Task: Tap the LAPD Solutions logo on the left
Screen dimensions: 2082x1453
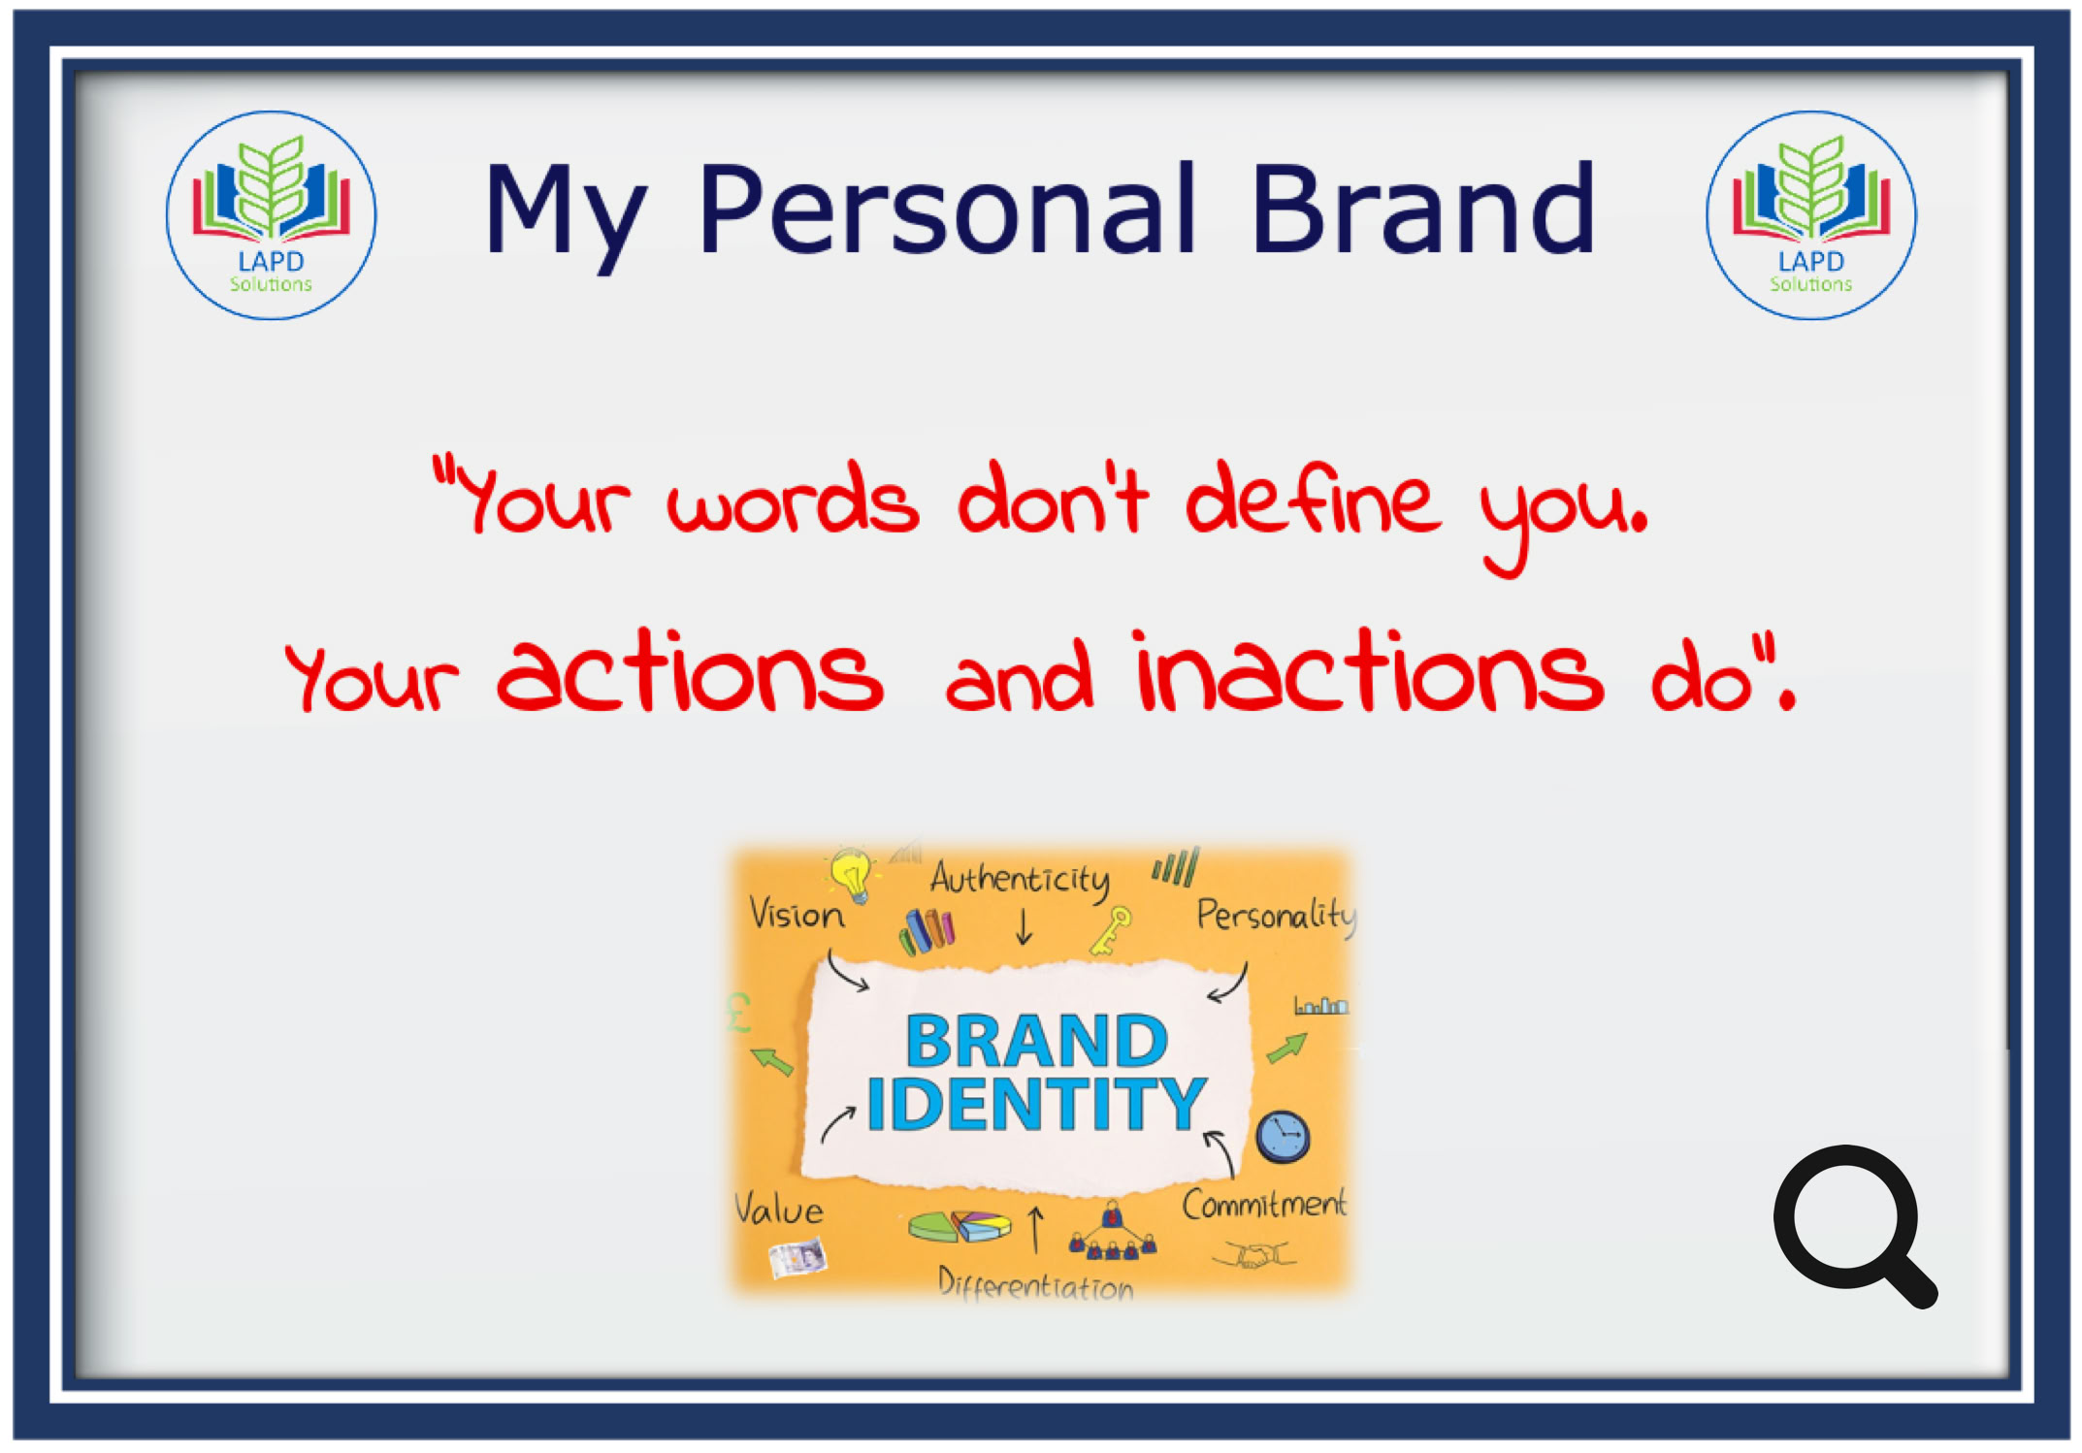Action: point(271,215)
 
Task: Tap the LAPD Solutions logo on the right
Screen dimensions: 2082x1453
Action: point(1810,215)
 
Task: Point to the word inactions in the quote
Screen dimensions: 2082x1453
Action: point(1368,671)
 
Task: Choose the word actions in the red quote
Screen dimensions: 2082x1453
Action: point(690,675)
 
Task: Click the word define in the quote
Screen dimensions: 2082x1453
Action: point(1314,499)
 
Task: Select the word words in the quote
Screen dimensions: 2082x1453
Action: point(793,500)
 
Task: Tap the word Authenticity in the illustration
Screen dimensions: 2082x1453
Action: point(1020,880)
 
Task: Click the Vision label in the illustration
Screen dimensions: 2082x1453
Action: point(797,915)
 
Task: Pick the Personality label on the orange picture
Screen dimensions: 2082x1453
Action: point(1276,915)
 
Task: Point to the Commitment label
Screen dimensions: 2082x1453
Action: point(1264,1204)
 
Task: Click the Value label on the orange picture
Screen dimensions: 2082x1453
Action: point(778,1209)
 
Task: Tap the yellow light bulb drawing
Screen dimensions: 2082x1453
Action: point(852,874)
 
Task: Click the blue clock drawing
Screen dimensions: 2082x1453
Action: point(1283,1136)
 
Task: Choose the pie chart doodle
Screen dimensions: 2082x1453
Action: point(960,1226)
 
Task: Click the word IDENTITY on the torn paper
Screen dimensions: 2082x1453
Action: point(1036,1104)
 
